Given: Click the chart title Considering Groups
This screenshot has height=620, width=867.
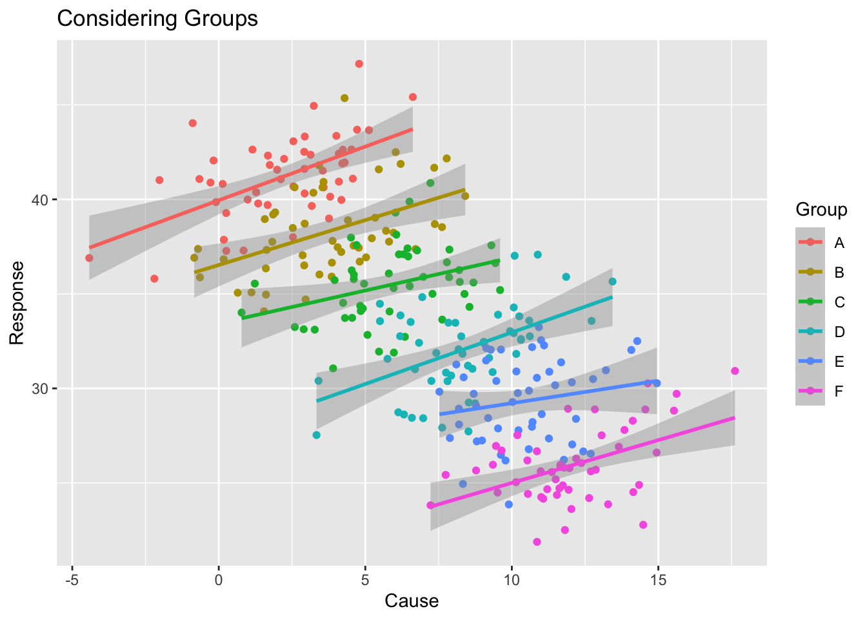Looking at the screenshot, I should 157,19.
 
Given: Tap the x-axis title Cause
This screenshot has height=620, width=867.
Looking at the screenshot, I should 412,601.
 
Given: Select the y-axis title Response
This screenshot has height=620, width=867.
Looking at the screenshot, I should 17,302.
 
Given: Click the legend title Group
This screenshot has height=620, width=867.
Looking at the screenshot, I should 821,210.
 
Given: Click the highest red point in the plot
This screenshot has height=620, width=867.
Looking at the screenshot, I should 359,64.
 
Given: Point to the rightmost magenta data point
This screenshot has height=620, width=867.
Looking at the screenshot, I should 735,371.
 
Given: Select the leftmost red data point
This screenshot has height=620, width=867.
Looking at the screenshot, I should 89,258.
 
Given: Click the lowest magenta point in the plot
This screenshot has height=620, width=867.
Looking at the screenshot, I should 537,542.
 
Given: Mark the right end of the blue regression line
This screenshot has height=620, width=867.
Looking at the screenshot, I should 657,382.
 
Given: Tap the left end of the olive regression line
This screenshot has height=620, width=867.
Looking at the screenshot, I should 194,273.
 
